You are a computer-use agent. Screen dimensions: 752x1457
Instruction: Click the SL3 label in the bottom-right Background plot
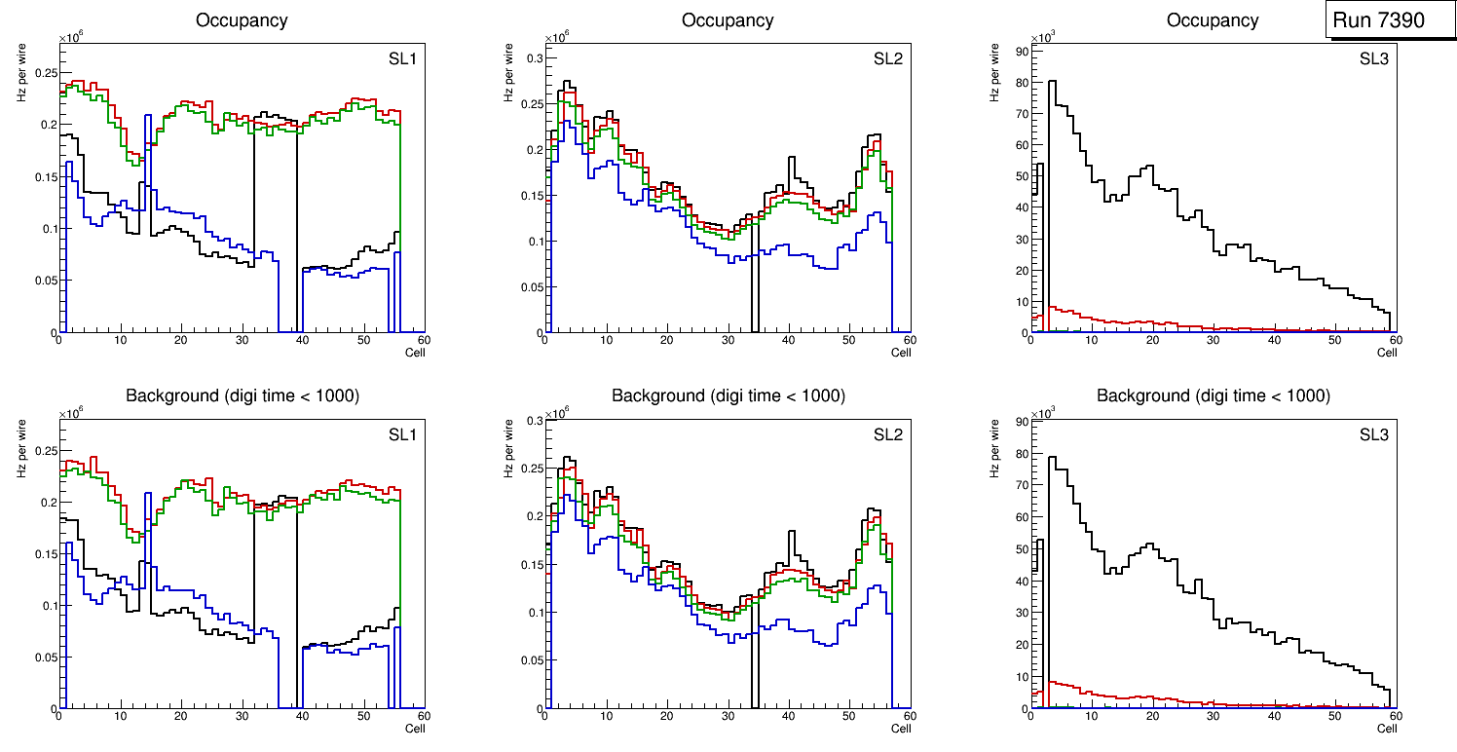click(1374, 435)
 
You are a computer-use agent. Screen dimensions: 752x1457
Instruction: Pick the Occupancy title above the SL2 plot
click(728, 20)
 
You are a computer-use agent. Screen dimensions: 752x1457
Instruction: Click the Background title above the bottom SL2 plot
click(728, 395)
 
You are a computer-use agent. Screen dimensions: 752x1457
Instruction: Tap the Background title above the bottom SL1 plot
click(242, 395)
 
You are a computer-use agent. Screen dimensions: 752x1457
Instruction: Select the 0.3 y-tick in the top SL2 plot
click(530, 58)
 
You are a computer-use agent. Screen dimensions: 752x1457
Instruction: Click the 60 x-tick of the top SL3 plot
click(1395, 341)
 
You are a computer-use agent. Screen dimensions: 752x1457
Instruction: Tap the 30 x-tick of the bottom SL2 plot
click(727, 717)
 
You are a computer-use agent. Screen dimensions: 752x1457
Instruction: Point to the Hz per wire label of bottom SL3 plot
click(995, 448)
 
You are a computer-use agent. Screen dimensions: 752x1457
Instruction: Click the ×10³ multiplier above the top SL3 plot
click(1042, 37)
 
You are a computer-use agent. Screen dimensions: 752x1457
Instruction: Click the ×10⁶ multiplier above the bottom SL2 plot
click(556, 413)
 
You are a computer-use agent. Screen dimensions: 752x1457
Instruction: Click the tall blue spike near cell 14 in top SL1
click(145, 146)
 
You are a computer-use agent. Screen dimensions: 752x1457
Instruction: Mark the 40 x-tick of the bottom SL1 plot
click(302, 717)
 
